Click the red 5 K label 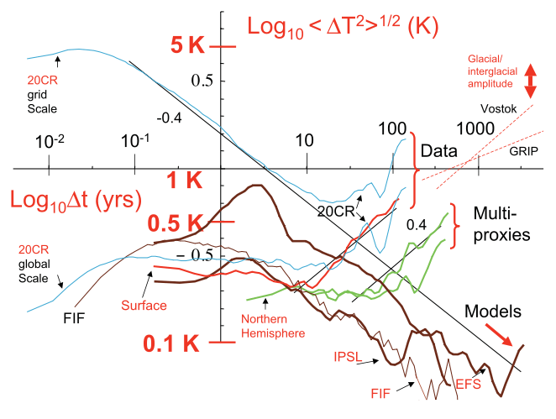coord(187,46)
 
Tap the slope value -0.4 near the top coord(171,117)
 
